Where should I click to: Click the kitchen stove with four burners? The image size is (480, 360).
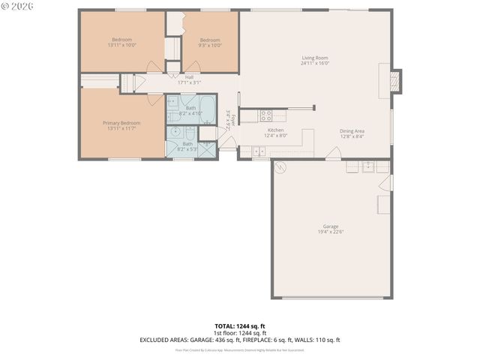click(265, 115)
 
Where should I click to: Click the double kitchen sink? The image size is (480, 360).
click(259, 152)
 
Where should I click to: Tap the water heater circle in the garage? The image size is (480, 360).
click(281, 166)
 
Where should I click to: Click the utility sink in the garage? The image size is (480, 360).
click(368, 166)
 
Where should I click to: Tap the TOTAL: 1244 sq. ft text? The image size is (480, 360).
click(240, 325)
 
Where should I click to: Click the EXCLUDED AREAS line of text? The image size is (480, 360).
click(240, 340)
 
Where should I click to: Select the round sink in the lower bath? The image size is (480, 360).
click(175, 132)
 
